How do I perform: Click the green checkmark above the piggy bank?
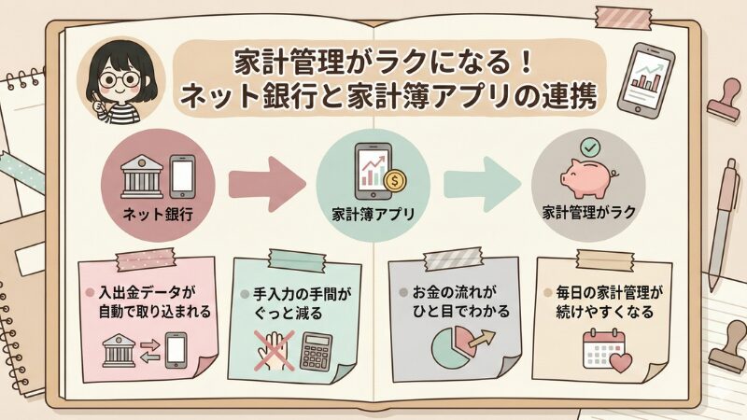tap(589, 147)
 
